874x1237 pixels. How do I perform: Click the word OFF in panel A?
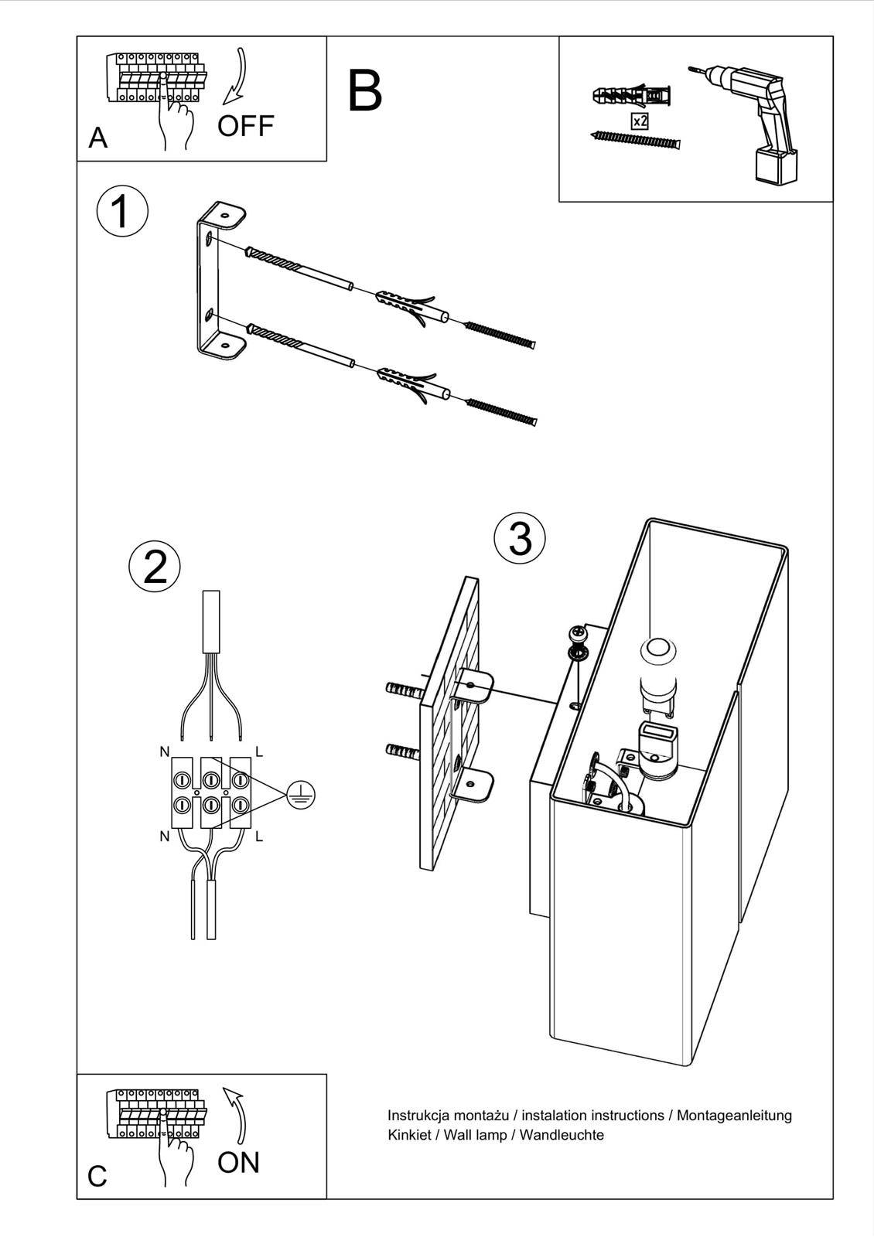tap(245, 125)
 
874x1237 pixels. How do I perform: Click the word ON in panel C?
tap(238, 1162)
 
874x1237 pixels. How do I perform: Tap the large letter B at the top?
tap(365, 91)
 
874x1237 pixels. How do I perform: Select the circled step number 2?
tap(155, 567)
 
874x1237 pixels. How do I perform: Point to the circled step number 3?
tap(520, 538)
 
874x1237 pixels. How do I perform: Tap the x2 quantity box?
tap(640, 121)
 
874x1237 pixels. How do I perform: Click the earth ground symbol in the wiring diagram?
tap(301, 794)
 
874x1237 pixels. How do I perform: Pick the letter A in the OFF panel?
tap(98, 138)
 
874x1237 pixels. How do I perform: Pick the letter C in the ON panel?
tap(97, 1176)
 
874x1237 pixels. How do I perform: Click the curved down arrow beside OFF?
tap(236, 77)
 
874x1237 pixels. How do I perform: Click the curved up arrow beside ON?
tap(237, 1113)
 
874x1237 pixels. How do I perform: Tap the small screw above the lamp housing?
tap(577, 636)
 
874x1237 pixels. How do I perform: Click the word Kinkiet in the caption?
tap(408, 1135)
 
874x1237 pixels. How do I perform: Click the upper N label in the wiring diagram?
tap(164, 751)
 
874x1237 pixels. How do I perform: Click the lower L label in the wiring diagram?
tap(258, 836)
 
